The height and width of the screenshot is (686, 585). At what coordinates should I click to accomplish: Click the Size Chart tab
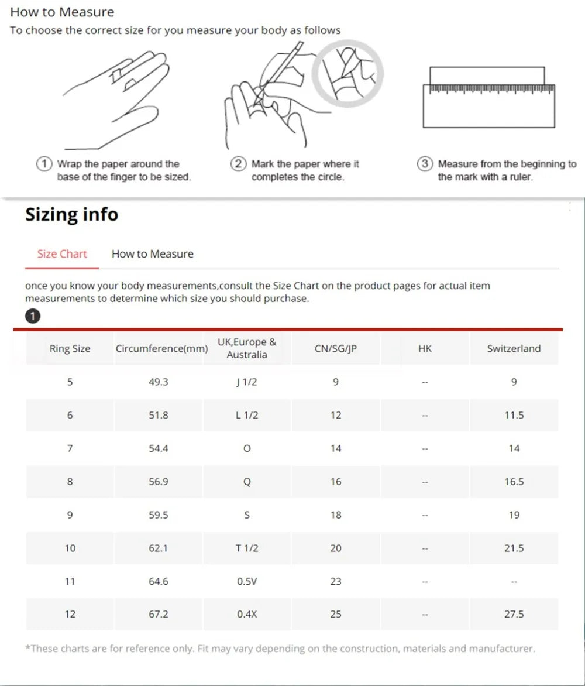point(62,254)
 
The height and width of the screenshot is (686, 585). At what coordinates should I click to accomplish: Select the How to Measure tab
point(153,254)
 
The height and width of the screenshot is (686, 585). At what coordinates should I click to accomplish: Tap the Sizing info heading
point(72,214)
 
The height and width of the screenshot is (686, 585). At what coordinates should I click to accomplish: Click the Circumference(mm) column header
point(162,349)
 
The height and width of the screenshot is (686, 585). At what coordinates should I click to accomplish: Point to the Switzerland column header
point(514,349)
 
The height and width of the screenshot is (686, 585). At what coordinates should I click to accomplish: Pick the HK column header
point(425,349)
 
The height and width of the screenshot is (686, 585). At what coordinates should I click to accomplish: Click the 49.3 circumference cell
point(159,382)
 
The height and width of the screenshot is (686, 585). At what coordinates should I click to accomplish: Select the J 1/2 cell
point(247,382)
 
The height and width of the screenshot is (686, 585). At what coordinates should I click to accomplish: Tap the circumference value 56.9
point(159,482)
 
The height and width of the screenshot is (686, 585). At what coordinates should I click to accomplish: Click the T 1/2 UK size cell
point(247,548)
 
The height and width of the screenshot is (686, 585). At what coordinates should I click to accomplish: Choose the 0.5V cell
point(247,581)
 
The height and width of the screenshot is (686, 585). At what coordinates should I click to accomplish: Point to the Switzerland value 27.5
point(514,614)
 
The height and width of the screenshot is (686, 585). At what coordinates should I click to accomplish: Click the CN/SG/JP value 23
point(336,581)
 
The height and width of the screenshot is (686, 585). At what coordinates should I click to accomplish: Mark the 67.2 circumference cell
point(159,614)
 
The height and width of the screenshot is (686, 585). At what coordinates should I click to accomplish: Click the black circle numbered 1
point(33,316)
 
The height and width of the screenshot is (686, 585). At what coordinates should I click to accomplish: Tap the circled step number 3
point(425,164)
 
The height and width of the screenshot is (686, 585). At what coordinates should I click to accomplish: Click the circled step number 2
point(238,164)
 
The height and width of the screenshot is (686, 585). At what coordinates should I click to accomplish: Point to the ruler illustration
point(489,97)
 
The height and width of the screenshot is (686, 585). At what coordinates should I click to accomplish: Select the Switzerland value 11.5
point(514,415)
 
